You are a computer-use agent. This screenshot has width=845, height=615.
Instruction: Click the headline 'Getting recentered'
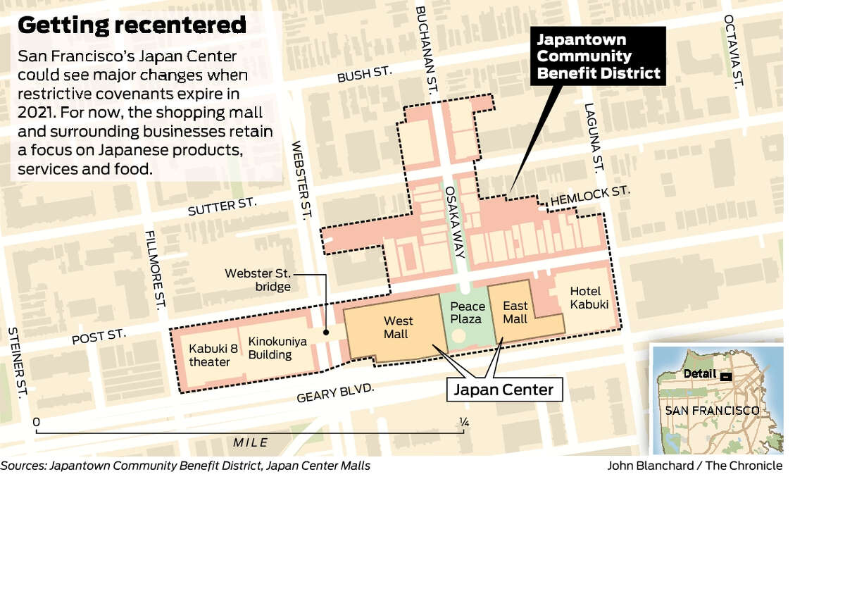(132, 25)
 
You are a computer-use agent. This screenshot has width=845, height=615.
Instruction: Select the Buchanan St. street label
(424, 46)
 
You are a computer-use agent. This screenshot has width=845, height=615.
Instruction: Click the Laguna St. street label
(594, 137)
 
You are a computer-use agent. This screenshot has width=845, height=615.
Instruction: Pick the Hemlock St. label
(589, 197)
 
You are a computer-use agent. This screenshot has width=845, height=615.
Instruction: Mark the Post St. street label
(99, 337)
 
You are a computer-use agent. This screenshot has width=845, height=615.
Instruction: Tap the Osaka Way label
(453, 218)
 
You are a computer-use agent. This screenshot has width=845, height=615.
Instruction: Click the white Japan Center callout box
(504, 389)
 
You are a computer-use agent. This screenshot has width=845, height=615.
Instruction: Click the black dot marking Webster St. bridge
(325, 332)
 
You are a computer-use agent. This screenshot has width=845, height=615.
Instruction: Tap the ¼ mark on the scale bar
(463, 422)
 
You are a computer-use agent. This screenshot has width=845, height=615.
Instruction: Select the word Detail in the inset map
(699, 374)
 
